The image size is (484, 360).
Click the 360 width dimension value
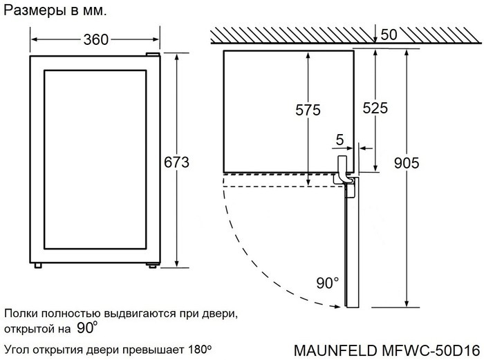tap(96, 39)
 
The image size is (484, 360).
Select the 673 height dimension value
tap(176, 162)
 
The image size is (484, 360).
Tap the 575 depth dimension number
tap(308, 109)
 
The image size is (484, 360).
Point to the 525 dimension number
tap(375, 108)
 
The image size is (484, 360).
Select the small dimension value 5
tap(339, 140)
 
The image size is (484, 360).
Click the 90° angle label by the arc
tap(327, 283)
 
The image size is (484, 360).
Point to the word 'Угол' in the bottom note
tap(17, 348)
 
